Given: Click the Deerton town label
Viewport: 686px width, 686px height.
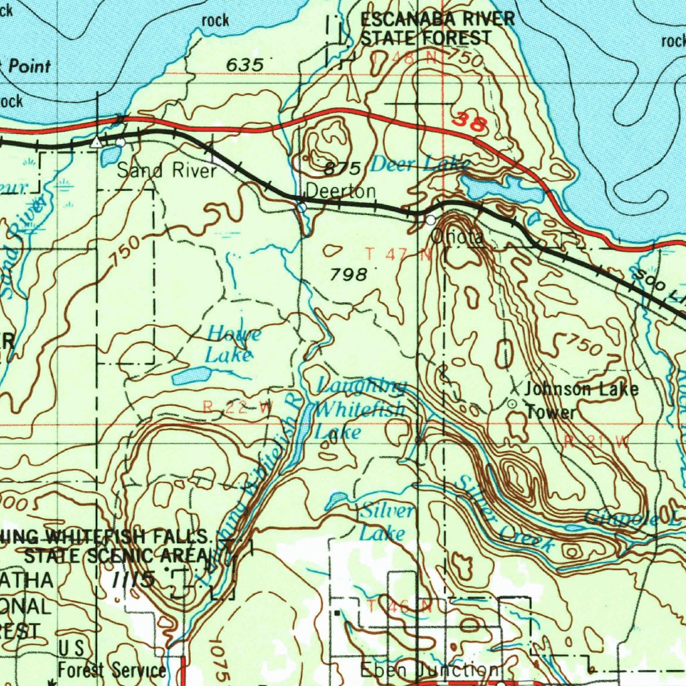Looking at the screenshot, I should coord(341,192).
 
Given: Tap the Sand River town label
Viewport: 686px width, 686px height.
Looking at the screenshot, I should coord(167,171).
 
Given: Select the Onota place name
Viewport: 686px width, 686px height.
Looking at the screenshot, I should coord(457,236).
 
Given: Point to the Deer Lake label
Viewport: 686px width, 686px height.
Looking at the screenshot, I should coord(419,164).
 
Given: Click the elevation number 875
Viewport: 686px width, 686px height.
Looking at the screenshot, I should coord(343,167).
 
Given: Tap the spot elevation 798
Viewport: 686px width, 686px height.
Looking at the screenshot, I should coord(349,274).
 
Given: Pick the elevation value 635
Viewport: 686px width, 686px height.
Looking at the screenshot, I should coord(245,65).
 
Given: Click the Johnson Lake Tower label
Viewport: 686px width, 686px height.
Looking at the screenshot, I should coord(580,400).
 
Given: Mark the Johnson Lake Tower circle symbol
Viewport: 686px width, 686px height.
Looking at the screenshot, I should coord(512,404).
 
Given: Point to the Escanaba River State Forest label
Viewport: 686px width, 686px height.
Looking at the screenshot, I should coord(437,29).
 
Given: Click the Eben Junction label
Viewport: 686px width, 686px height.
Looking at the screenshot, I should coord(429,669).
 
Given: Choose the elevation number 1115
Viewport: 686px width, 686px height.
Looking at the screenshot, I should coord(134,578).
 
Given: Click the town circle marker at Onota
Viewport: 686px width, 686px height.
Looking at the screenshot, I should coord(430,220).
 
